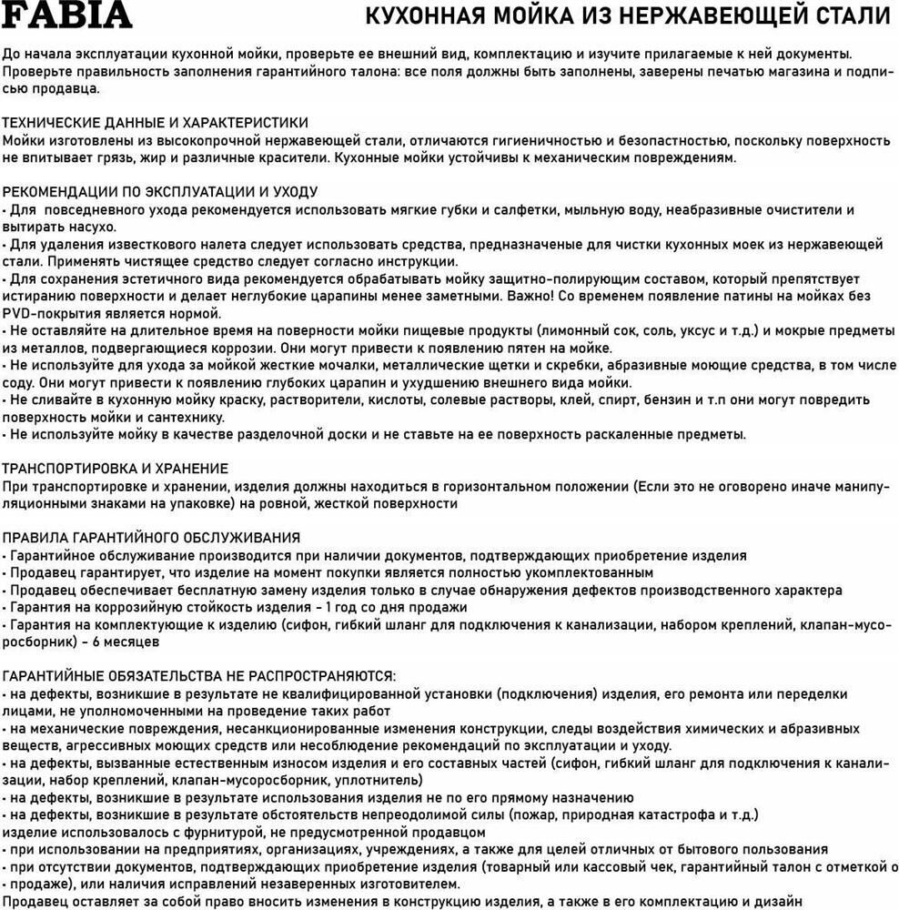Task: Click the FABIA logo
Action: click(x=67, y=15)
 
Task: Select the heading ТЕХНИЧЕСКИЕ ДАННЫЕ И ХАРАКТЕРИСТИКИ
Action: click(x=156, y=122)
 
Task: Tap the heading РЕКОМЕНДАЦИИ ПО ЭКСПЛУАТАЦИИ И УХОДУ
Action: click(x=160, y=192)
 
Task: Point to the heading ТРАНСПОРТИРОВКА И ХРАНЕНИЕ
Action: click(x=116, y=468)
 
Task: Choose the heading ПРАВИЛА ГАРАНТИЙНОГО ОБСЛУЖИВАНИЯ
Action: click(x=151, y=538)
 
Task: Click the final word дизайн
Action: click(x=778, y=901)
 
